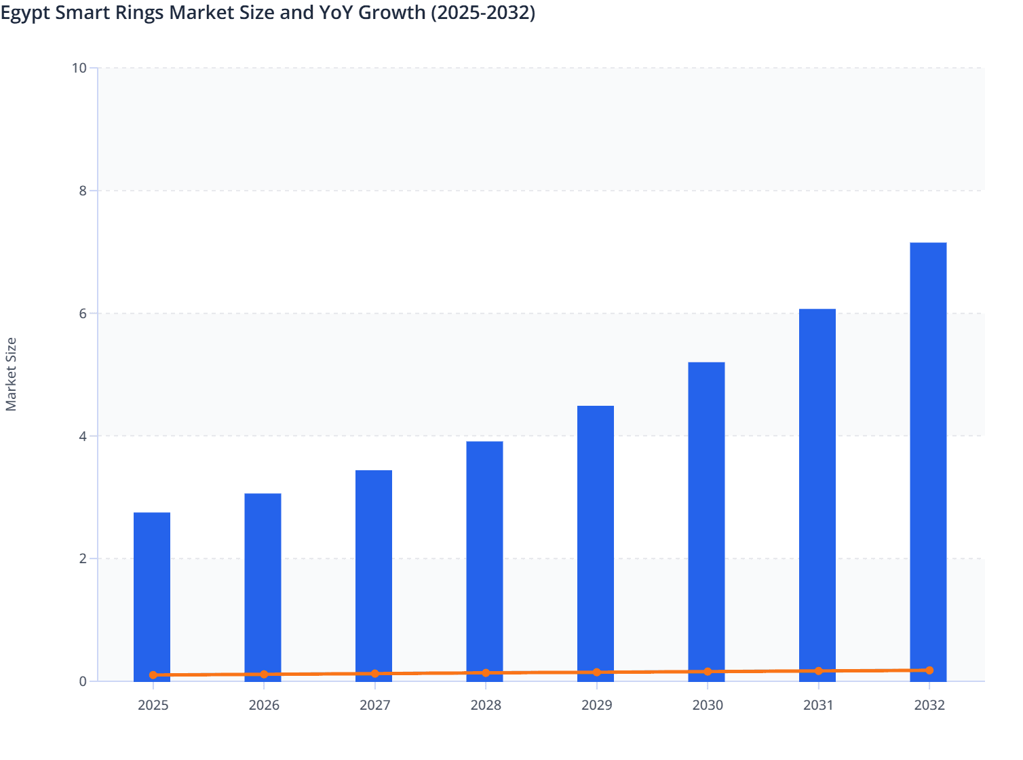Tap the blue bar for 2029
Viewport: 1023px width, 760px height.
click(x=596, y=543)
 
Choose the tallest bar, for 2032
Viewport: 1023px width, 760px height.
click(x=928, y=461)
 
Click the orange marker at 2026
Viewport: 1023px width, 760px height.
click(x=264, y=674)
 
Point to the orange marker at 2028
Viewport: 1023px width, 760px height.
click(x=486, y=673)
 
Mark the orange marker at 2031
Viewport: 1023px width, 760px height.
click(x=818, y=671)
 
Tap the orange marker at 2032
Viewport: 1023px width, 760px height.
click(x=929, y=670)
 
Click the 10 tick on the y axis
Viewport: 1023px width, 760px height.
click(x=79, y=68)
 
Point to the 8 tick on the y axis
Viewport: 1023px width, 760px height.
click(x=83, y=191)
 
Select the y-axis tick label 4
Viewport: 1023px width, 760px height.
click(x=83, y=436)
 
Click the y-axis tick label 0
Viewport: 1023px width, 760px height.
click(x=83, y=681)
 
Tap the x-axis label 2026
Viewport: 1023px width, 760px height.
click(x=264, y=705)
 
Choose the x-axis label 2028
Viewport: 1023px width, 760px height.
click(x=486, y=705)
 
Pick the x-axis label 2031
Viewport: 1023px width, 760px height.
click(x=818, y=705)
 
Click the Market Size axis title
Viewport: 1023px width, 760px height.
click(x=11, y=375)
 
